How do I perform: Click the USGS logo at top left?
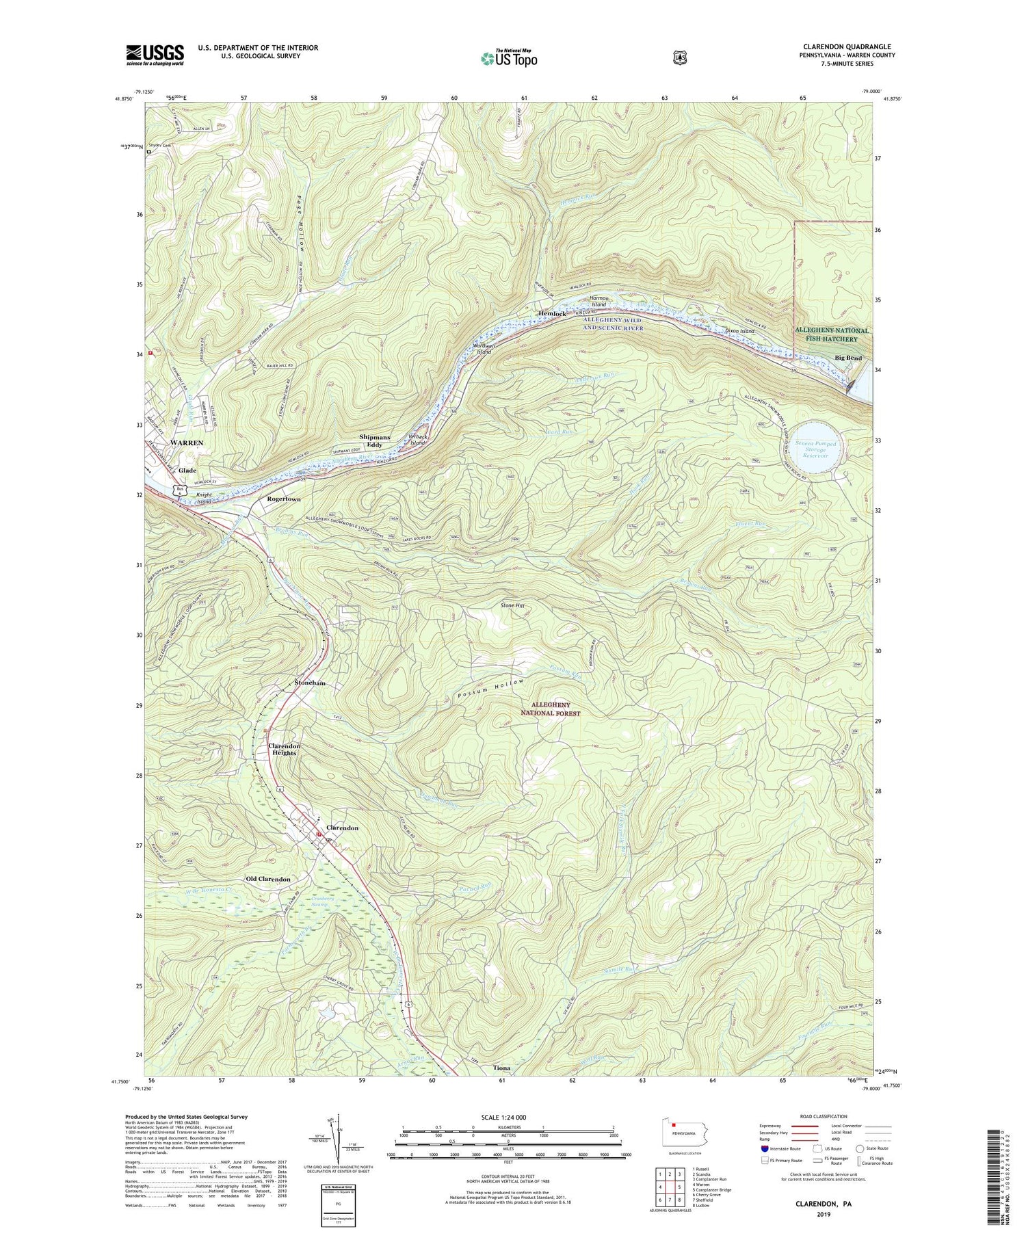pyautogui.click(x=155, y=55)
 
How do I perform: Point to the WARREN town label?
pyautogui.click(x=187, y=443)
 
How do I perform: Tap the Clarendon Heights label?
pyautogui.click(x=284, y=750)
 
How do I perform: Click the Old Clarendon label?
pyautogui.click(x=268, y=879)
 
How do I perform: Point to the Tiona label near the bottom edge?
pyautogui.click(x=501, y=1068)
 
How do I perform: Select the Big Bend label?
pyautogui.click(x=848, y=358)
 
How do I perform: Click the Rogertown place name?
pyautogui.click(x=283, y=499)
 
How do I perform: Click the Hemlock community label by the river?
pyautogui.click(x=552, y=314)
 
